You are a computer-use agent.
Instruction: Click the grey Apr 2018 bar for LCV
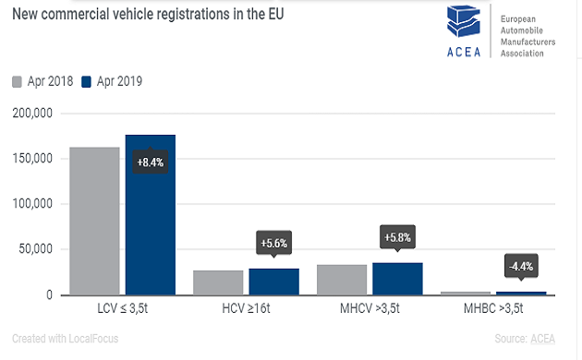coord(94,221)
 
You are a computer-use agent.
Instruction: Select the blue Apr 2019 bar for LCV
coord(151,231)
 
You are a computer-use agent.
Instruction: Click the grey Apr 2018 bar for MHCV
coord(341,280)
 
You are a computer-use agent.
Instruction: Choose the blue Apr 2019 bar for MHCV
coord(397,279)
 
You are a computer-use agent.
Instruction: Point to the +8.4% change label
coord(151,162)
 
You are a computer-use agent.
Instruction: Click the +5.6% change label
coord(274,244)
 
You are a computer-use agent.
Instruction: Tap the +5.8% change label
coord(397,237)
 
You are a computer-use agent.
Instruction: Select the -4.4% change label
coord(521,267)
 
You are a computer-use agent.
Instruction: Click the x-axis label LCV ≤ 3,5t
coord(123,309)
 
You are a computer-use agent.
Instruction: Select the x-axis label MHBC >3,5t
coord(492,309)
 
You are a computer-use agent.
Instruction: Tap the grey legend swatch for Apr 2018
coord(18,81)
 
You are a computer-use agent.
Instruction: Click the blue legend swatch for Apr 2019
coord(89,81)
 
